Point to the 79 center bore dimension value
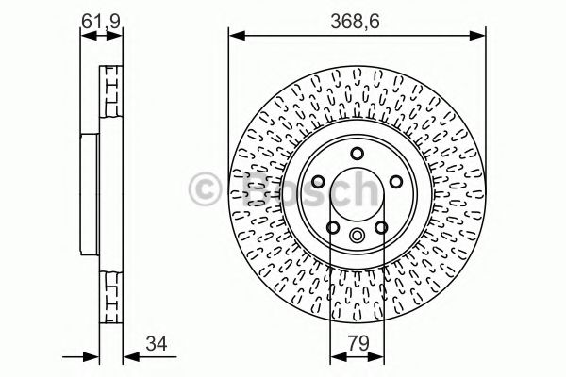tap(356, 344)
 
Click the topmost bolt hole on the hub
tap(356, 154)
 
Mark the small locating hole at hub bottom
tap(356, 236)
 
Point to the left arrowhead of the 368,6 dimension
tap(233, 36)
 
